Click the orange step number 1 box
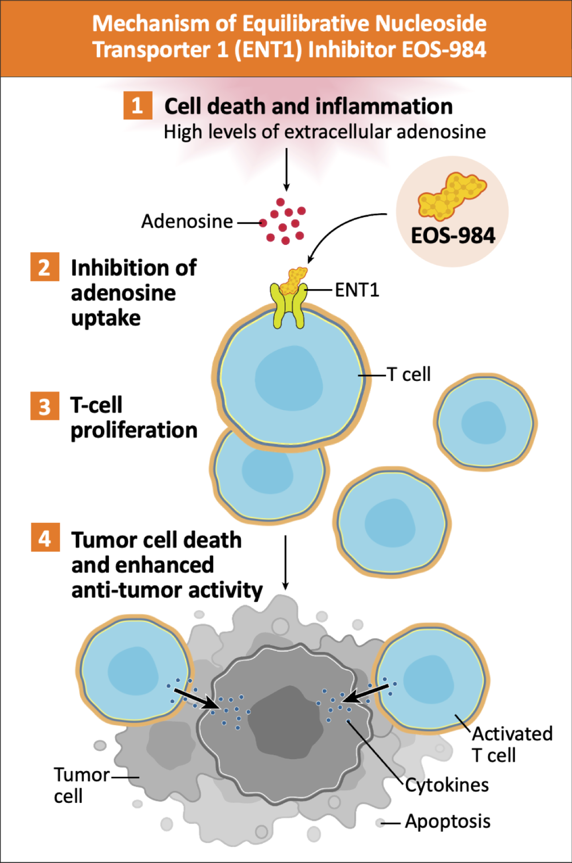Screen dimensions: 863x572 (x=137, y=105)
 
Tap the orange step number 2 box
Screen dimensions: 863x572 (x=45, y=267)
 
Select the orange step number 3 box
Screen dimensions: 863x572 (x=45, y=406)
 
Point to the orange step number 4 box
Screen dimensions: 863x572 (x=45, y=538)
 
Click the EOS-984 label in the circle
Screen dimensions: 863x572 (x=453, y=235)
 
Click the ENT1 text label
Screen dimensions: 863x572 (x=357, y=290)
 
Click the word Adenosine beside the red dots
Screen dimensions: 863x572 (x=187, y=221)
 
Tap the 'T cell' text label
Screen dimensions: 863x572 (x=409, y=374)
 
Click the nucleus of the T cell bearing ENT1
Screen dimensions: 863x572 (x=289, y=379)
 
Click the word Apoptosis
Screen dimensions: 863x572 (x=448, y=821)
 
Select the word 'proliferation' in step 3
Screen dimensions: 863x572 (x=134, y=430)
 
